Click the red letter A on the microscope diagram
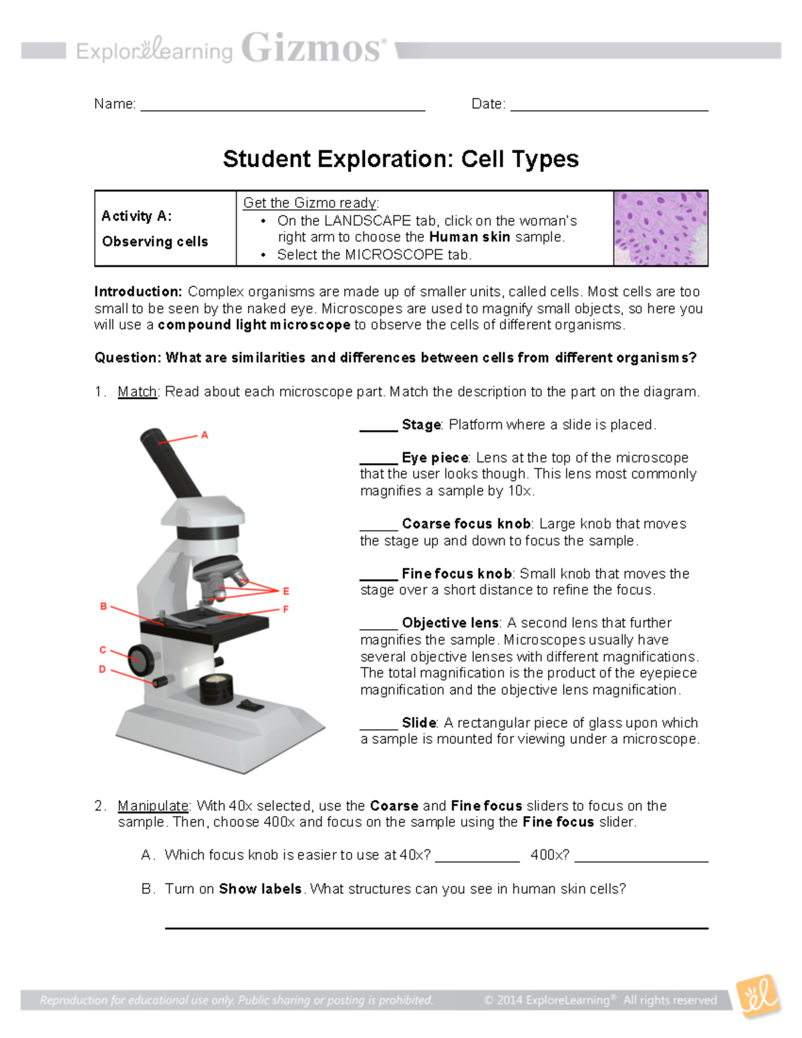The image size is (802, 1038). pyautogui.click(x=205, y=435)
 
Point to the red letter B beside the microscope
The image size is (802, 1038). pyautogui.click(x=104, y=606)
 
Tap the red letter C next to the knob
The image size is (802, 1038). pyautogui.click(x=103, y=650)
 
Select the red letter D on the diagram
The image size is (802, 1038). pyautogui.click(x=102, y=669)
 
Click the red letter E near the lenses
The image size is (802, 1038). pyautogui.click(x=286, y=591)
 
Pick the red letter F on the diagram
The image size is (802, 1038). pyautogui.click(x=286, y=610)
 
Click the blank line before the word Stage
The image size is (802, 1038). pyautogui.click(x=378, y=430)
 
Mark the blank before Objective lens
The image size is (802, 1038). pyautogui.click(x=378, y=628)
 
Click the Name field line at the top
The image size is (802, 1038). pyautogui.click(x=282, y=108)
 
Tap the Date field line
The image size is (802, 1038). pyautogui.click(x=608, y=108)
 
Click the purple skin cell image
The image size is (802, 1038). pyautogui.click(x=660, y=229)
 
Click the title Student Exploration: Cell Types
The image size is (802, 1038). pyautogui.click(x=400, y=159)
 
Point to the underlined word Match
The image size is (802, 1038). pyautogui.click(x=137, y=392)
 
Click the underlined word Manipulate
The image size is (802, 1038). pyautogui.click(x=153, y=806)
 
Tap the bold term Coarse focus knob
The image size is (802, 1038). pyautogui.click(x=466, y=524)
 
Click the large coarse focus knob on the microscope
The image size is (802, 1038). pyautogui.click(x=141, y=659)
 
